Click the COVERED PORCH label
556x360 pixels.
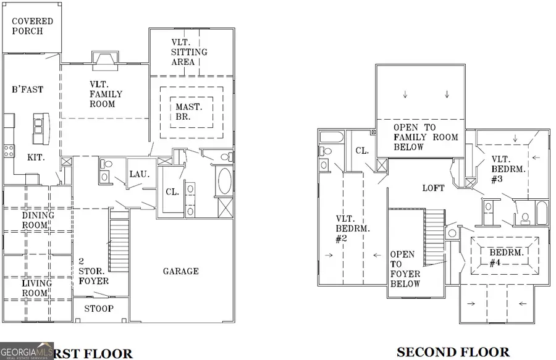[x=32, y=27]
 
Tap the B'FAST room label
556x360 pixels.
[x=28, y=90]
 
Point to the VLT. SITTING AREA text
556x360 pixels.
[x=189, y=52]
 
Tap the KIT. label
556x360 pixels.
[x=35, y=158]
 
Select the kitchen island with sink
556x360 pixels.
[x=40, y=127]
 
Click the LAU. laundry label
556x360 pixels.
[x=139, y=174]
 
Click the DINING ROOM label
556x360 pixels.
[x=38, y=220]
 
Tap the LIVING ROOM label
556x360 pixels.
[x=36, y=288]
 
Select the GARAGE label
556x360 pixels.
[x=180, y=271]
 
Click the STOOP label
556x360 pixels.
[x=99, y=308]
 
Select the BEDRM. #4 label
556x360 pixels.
[x=507, y=258]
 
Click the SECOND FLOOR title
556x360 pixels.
[x=453, y=353]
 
